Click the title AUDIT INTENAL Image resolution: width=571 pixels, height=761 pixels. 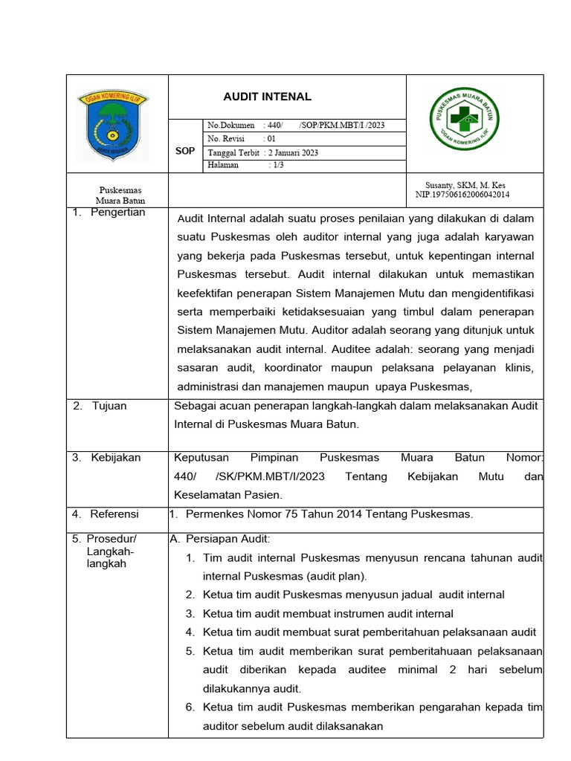click(268, 97)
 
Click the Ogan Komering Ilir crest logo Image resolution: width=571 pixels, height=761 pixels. click(113, 123)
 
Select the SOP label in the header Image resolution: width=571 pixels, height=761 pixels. click(185, 151)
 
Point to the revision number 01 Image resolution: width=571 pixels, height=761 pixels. click(271, 139)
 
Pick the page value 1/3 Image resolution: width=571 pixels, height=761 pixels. click(277, 165)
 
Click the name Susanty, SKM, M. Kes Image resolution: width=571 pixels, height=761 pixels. click(465, 185)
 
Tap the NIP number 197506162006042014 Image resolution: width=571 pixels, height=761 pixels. click(462, 195)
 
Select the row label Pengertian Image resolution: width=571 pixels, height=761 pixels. click(117, 213)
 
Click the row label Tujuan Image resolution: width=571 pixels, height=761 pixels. click(109, 406)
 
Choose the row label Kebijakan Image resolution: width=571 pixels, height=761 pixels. click(115, 458)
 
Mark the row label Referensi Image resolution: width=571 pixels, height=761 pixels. click(114, 514)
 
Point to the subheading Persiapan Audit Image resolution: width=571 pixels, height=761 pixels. click(222, 539)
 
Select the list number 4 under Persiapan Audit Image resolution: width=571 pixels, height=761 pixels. click(190, 632)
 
